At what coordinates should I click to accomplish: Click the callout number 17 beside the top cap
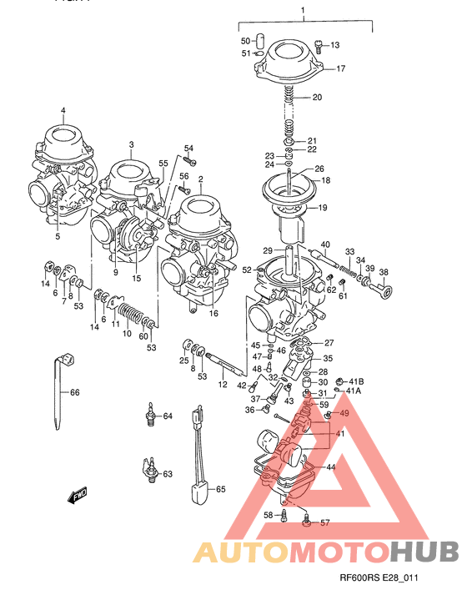point(340,69)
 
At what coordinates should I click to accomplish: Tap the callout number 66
point(74,392)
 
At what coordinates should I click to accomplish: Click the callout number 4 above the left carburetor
point(62,111)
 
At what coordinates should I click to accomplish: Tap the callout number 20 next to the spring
point(340,98)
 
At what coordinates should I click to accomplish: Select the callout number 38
point(384,273)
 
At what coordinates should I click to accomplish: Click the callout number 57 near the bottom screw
point(325,523)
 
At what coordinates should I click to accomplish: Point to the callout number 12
point(223,385)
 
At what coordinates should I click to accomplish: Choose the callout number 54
point(188,149)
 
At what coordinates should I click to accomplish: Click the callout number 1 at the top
point(304,12)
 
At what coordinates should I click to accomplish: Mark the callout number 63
point(167,474)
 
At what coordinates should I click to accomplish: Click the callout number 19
point(323,208)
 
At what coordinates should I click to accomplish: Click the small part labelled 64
point(151,415)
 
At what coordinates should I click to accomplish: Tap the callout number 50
point(244,41)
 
